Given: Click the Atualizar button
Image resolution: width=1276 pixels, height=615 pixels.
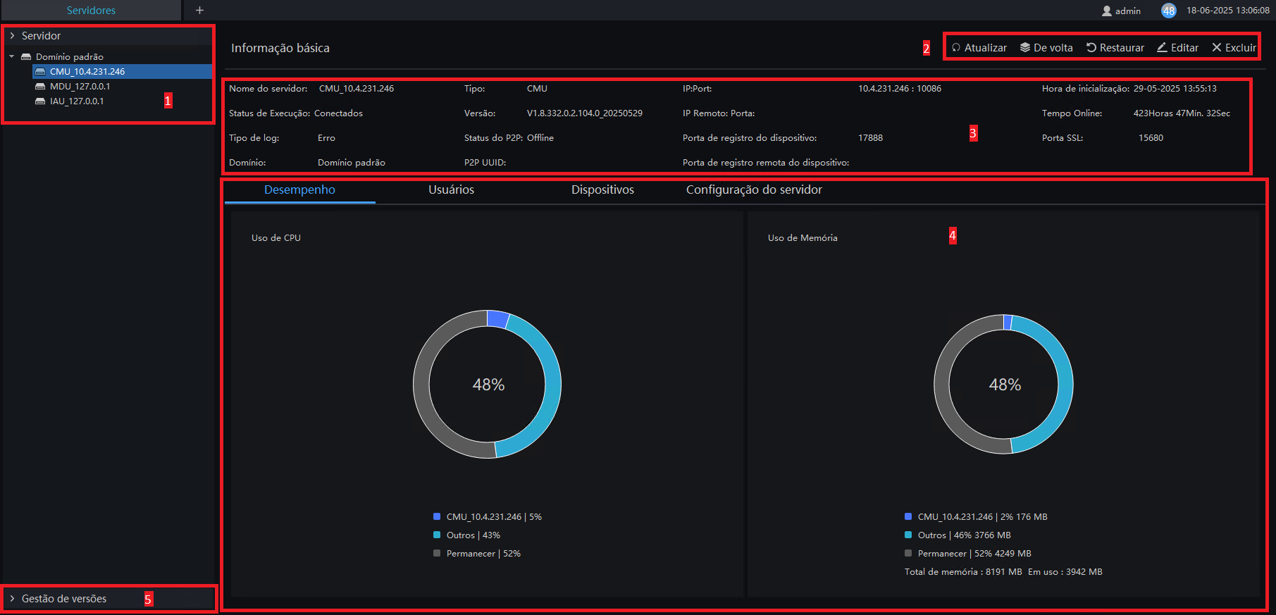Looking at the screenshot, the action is click(x=979, y=48).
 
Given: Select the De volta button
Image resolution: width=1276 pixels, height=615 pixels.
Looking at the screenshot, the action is click(x=1046, y=48).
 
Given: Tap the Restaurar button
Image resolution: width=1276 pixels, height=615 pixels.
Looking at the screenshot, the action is click(x=1115, y=48).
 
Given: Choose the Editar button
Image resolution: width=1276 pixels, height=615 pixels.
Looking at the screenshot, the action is click(x=1177, y=48).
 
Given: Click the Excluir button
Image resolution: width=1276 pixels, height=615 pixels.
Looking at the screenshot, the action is click(x=1234, y=48).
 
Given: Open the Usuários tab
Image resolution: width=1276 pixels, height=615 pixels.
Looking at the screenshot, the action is click(x=451, y=190).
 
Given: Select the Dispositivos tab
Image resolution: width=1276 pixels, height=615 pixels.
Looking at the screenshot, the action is click(x=602, y=190).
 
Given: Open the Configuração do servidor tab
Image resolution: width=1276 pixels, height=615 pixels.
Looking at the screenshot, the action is click(x=754, y=190).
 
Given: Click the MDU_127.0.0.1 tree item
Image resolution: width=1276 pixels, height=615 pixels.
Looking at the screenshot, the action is click(x=80, y=87).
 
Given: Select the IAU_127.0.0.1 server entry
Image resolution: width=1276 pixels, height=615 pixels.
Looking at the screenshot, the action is click(x=77, y=101).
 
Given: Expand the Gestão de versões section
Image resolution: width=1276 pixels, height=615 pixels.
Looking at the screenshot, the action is click(x=63, y=599).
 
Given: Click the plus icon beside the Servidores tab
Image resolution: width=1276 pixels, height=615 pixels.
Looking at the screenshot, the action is click(x=199, y=11).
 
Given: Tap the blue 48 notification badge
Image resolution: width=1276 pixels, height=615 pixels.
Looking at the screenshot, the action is click(x=1169, y=11).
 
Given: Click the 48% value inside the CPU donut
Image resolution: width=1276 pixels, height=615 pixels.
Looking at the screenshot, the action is click(x=488, y=385).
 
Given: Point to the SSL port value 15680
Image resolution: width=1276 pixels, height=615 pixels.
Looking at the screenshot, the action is click(x=1151, y=138).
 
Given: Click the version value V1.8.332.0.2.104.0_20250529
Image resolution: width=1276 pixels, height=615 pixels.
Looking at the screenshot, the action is click(x=585, y=113).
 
